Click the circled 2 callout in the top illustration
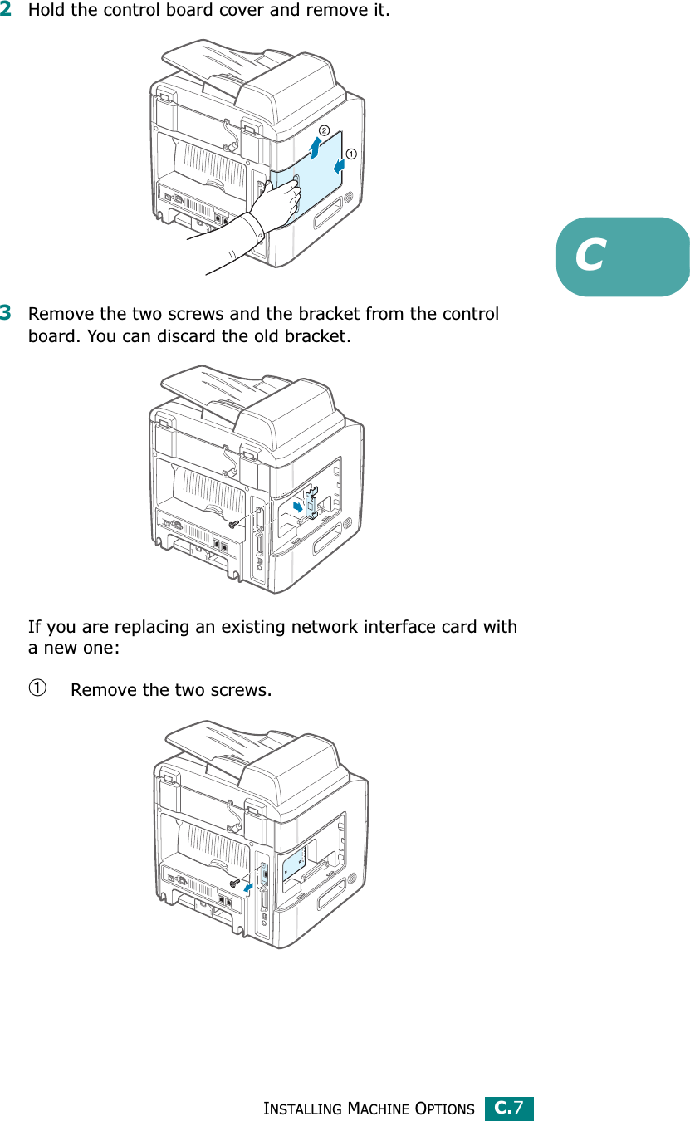323,130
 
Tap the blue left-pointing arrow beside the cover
339,166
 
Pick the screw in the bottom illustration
234,882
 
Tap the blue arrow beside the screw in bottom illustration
248,888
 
